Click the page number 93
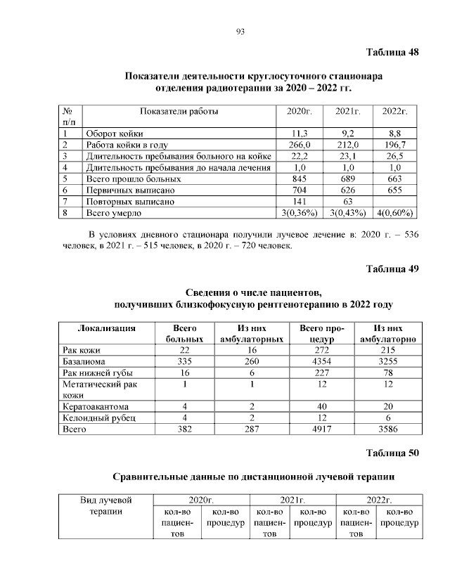pyautogui.click(x=240, y=31)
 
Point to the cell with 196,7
pyautogui.click(x=394, y=144)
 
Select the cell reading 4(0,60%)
pyautogui.click(x=394, y=212)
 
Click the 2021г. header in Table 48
pyautogui.click(x=347, y=111)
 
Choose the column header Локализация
pyautogui.click(x=106, y=328)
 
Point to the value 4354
pyautogui.click(x=321, y=361)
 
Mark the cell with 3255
pyautogui.click(x=388, y=361)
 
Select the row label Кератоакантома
pyautogui.click(x=96, y=406)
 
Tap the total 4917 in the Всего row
pyautogui.click(x=321, y=429)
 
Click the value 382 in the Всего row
pyautogui.click(x=185, y=429)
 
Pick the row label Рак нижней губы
pyautogui.click(x=98, y=373)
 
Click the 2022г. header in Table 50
pyautogui.click(x=379, y=499)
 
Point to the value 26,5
pyautogui.click(x=394, y=155)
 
